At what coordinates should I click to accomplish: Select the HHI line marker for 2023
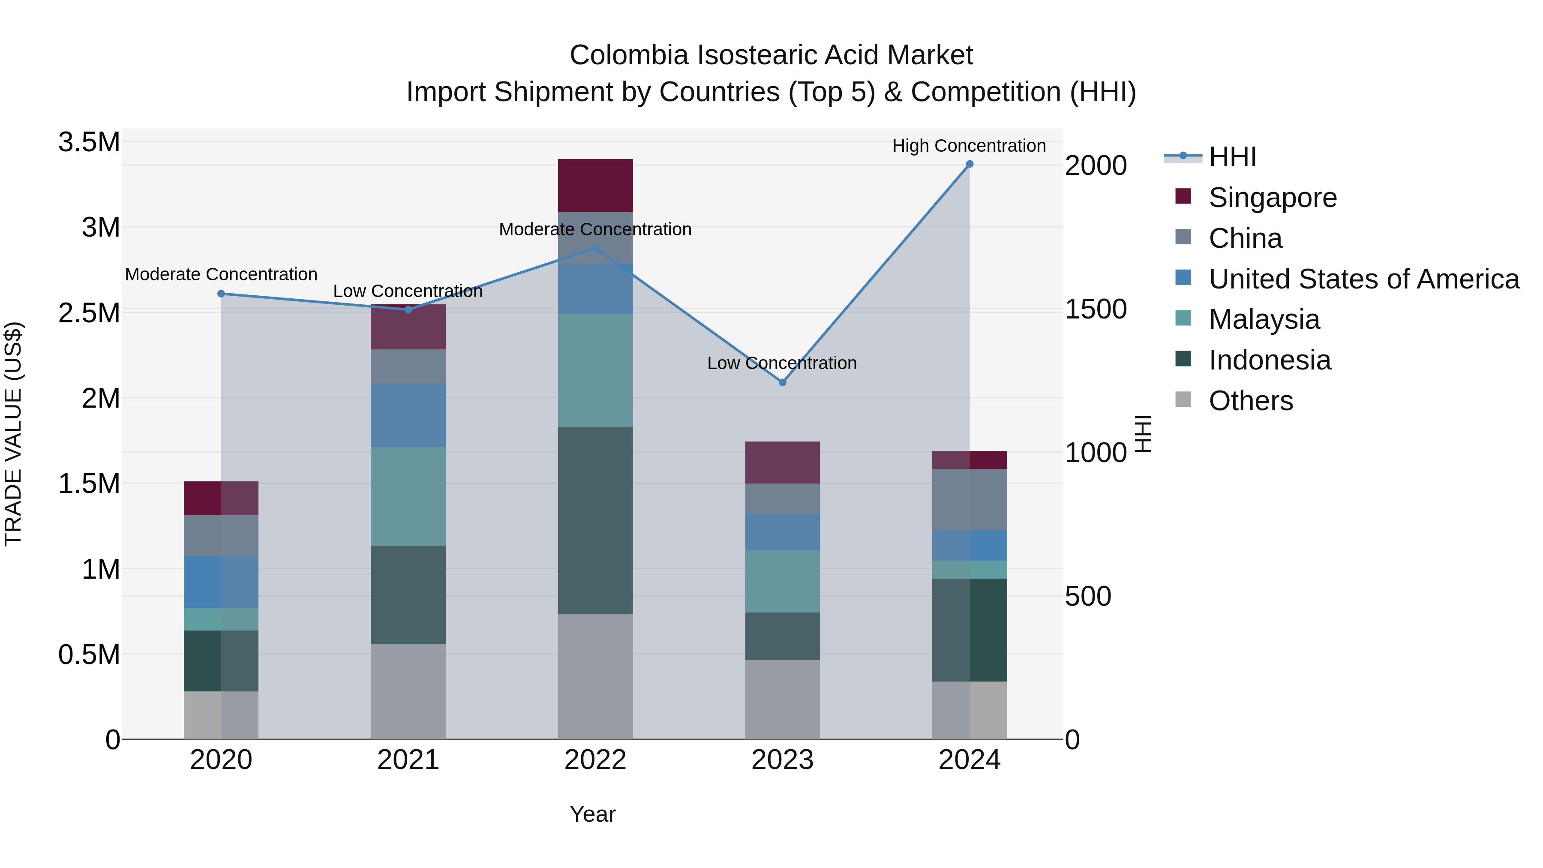(x=782, y=382)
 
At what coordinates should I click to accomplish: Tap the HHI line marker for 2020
(x=221, y=294)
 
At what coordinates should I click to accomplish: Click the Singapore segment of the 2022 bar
(x=595, y=185)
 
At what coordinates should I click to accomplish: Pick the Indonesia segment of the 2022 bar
(x=595, y=520)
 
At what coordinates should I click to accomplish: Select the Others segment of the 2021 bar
(x=408, y=691)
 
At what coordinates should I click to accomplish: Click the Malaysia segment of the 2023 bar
(x=782, y=581)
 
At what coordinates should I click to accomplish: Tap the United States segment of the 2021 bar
(x=408, y=415)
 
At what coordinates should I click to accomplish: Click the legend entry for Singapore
(x=1272, y=198)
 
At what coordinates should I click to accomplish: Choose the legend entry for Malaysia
(x=1264, y=319)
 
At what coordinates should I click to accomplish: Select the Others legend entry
(x=1251, y=401)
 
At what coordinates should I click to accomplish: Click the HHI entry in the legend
(x=1232, y=157)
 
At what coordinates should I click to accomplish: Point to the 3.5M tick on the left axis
(x=89, y=143)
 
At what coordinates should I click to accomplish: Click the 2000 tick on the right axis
(x=1096, y=165)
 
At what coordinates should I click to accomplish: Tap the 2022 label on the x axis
(x=595, y=760)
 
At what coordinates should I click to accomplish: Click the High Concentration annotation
(x=969, y=146)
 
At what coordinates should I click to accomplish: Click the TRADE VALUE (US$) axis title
(x=13, y=434)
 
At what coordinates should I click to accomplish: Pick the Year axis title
(x=592, y=814)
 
